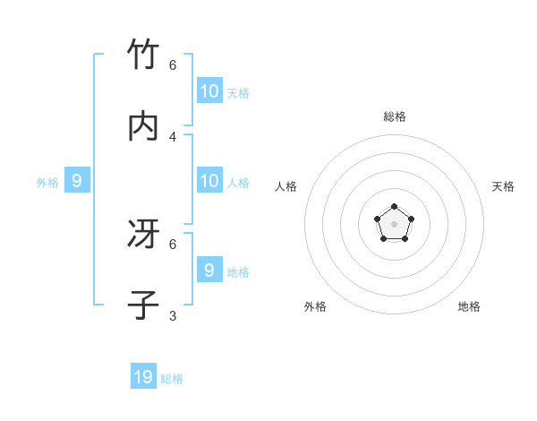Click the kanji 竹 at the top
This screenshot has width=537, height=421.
click(143, 56)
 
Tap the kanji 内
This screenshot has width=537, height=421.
click(143, 126)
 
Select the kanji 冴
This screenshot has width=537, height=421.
click(143, 235)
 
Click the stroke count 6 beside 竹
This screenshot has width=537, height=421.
click(173, 65)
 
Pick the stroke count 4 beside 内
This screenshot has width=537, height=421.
click(173, 136)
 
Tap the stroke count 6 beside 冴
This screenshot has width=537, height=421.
click(173, 244)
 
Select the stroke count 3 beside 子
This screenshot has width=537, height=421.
click(173, 315)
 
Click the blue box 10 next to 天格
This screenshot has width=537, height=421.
click(209, 90)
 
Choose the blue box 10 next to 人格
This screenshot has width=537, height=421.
click(209, 181)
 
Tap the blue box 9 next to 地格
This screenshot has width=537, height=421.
click(209, 270)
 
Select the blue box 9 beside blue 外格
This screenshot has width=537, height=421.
click(77, 181)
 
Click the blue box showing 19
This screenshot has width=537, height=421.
click(143, 377)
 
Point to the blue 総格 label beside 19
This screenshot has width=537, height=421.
click(172, 379)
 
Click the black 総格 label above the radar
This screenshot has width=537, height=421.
click(395, 116)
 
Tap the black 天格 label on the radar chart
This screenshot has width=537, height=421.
click(503, 186)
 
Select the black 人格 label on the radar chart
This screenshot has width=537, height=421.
click(286, 186)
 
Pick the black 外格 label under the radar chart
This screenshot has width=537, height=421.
click(315, 306)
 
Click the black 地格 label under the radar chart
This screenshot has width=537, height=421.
click(469, 306)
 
